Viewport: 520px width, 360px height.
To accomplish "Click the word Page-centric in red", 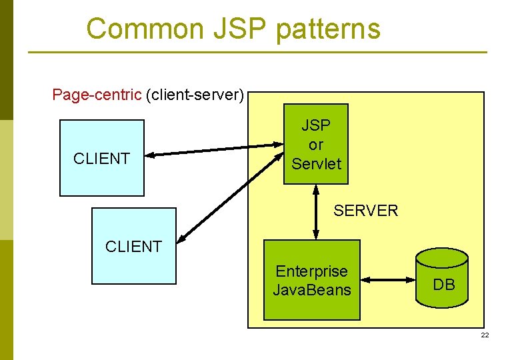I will point(97,95).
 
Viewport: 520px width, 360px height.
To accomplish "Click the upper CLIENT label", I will point(101,159).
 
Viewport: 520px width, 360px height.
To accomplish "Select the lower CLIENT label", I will point(133,247).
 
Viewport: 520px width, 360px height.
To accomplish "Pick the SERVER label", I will point(365,211).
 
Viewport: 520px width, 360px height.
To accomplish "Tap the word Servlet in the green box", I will point(316,163).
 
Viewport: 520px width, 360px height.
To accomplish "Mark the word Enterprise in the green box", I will point(311,271).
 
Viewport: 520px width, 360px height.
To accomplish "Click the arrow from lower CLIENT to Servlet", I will point(230,195).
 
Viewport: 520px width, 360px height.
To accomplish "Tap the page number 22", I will point(485,335).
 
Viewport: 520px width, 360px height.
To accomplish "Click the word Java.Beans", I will point(311,289).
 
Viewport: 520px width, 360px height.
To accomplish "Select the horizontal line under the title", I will point(257,53).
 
